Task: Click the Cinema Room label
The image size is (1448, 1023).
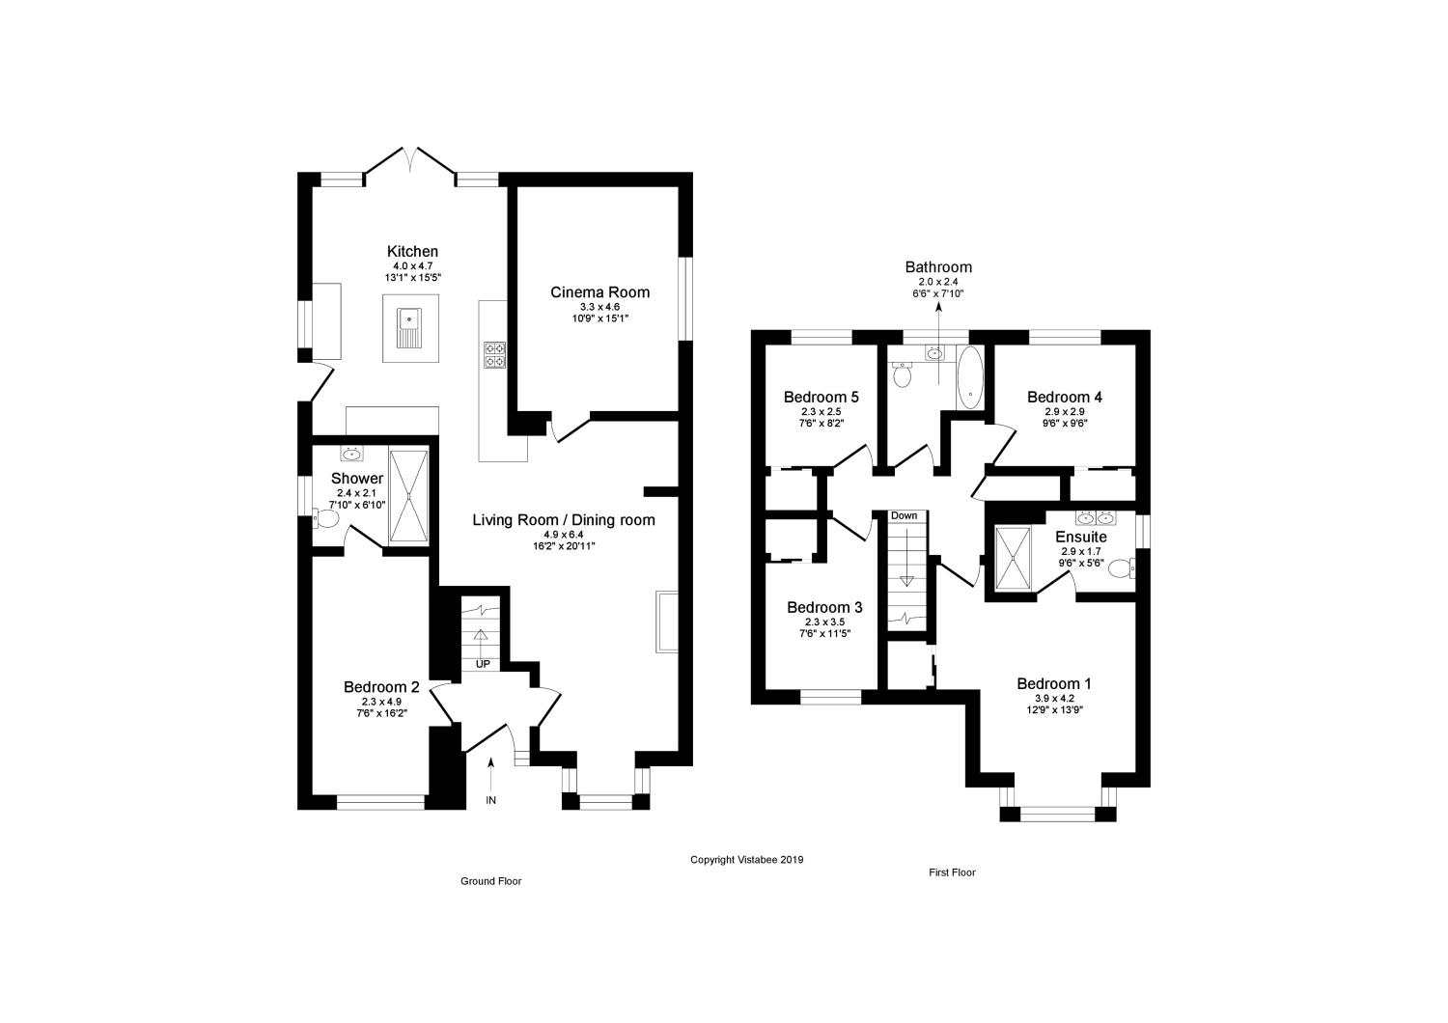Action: [599, 292]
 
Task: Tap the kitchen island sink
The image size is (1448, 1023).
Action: [409, 326]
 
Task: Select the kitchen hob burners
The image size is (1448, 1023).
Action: [495, 355]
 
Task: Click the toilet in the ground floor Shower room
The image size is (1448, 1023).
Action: [325, 519]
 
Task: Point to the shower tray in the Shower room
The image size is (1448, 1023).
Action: [408, 495]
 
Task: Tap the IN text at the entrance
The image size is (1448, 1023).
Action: [490, 801]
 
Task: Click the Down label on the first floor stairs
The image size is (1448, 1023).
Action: [905, 515]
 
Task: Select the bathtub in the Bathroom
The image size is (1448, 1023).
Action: [969, 376]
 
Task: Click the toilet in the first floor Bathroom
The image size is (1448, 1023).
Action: [904, 374]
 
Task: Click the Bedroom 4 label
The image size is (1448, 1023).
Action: [1065, 397]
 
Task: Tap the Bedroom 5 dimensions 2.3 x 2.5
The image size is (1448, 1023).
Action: [821, 411]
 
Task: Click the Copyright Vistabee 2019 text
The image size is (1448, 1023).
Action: [746, 859]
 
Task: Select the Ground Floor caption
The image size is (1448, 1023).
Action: [490, 881]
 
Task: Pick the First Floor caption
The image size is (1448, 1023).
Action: [952, 872]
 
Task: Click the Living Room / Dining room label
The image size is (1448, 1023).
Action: [563, 520]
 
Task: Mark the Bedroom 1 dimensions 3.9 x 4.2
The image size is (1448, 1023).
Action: [1054, 698]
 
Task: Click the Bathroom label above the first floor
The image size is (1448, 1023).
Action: [938, 267]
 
